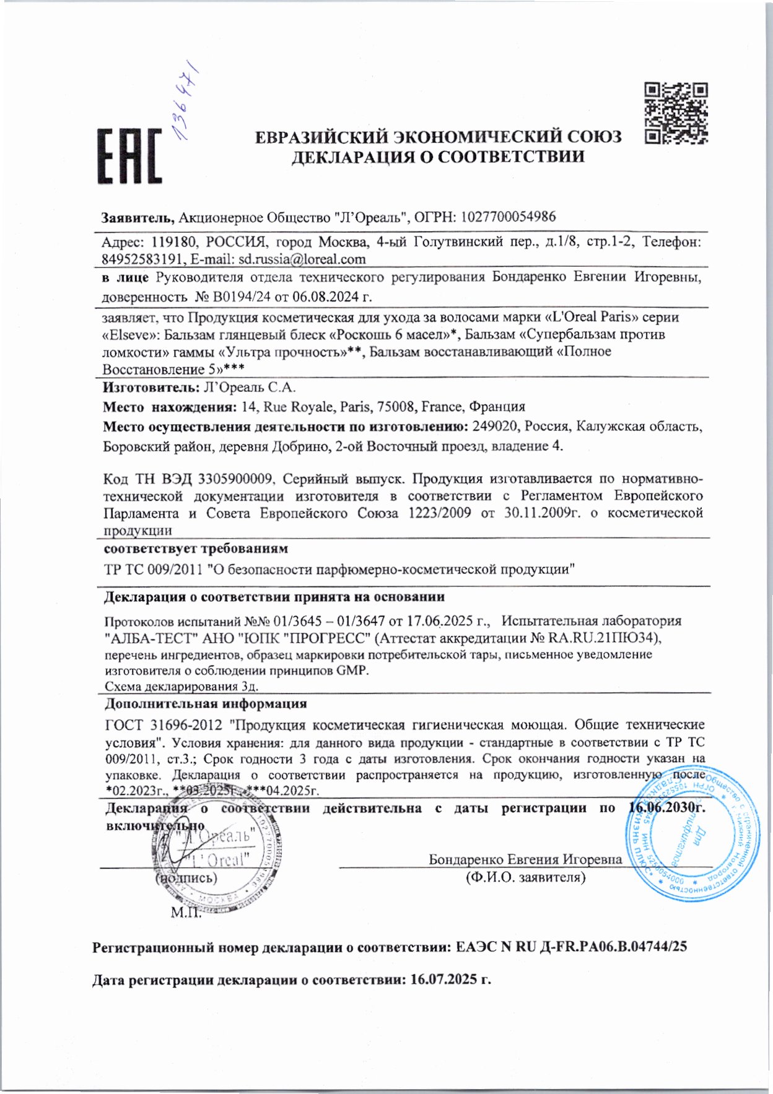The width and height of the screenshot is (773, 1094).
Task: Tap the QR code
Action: [x=676, y=113]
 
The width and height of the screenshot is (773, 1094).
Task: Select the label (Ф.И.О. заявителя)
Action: [x=525, y=877]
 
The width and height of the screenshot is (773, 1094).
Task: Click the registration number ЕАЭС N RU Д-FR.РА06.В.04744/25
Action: [x=571, y=947]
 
